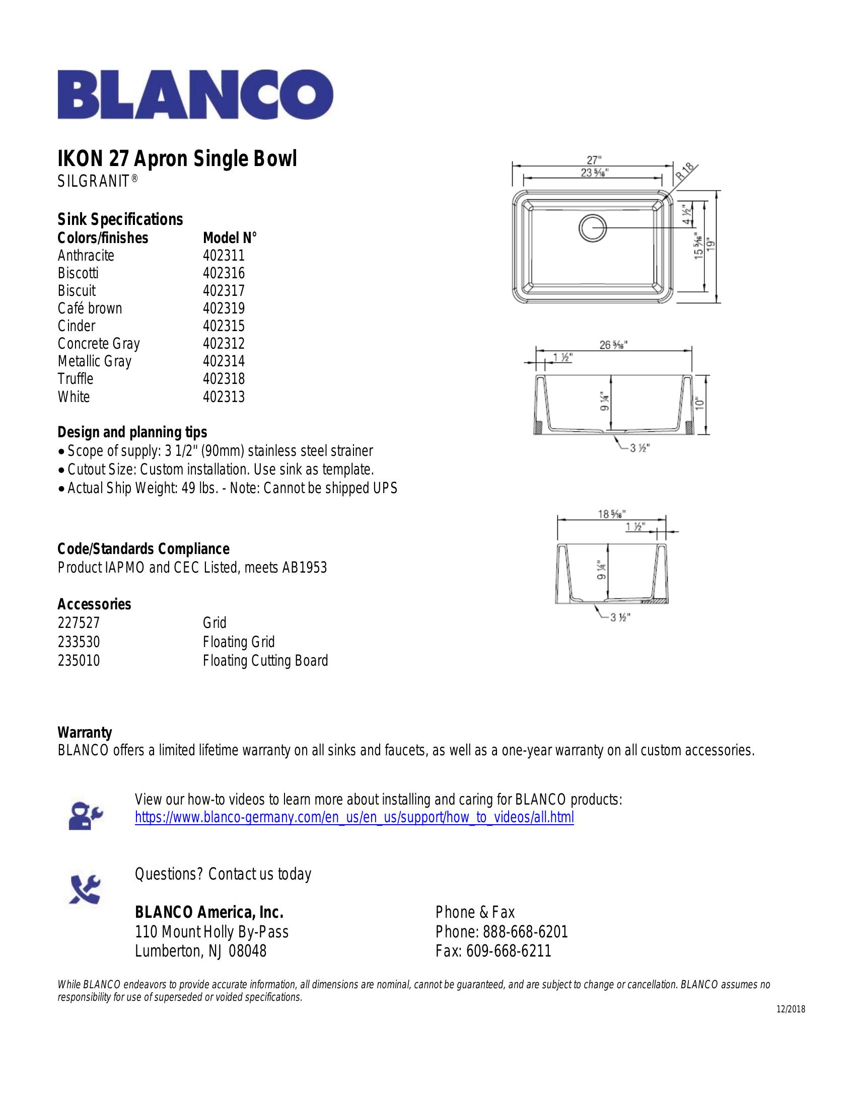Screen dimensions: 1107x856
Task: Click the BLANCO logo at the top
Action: coord(195,95)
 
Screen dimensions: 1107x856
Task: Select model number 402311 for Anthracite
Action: coord(224,256)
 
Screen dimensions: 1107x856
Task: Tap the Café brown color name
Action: coord(90,308)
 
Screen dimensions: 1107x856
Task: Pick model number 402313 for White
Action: coord(224,397)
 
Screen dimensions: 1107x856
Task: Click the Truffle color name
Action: coord(76,378)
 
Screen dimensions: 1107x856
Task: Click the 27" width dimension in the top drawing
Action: coord(591,161)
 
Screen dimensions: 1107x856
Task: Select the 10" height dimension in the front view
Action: coord(700,404)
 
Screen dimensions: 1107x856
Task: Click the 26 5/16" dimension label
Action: coord(614,345)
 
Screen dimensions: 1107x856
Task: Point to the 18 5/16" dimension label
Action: coord(612,513)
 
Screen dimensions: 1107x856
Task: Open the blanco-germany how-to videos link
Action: coord(354,818)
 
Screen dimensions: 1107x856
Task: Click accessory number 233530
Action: coord(79,642)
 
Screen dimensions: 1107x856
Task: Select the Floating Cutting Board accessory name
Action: coord(265,661)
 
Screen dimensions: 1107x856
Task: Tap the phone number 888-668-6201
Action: coord(525,931)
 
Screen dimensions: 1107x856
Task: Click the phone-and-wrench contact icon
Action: coord(85,890)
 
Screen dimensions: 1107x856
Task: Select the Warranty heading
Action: coord(85,733)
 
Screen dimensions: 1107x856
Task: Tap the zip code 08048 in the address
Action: coord(248,951)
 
